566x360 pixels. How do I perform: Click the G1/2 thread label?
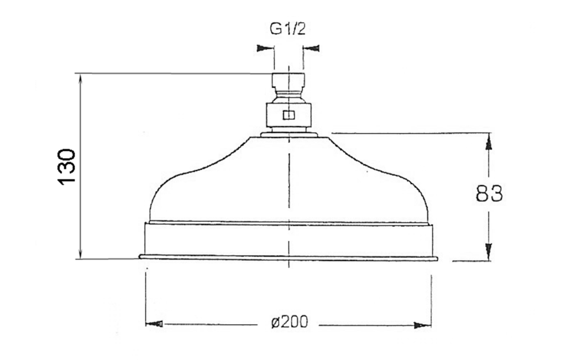(x=287, y=29)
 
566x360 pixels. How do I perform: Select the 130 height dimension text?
(x=67, y=166)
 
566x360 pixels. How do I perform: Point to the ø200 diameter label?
(x=290, y=321)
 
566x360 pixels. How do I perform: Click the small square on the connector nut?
(x=289, y=115)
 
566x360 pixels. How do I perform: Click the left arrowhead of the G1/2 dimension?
(x=265, y=48)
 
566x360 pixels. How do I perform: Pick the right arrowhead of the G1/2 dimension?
(x=311, y=48)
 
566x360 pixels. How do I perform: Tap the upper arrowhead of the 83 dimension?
(x=489, y=142)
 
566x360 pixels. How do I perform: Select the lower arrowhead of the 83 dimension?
(x=489, y=252)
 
